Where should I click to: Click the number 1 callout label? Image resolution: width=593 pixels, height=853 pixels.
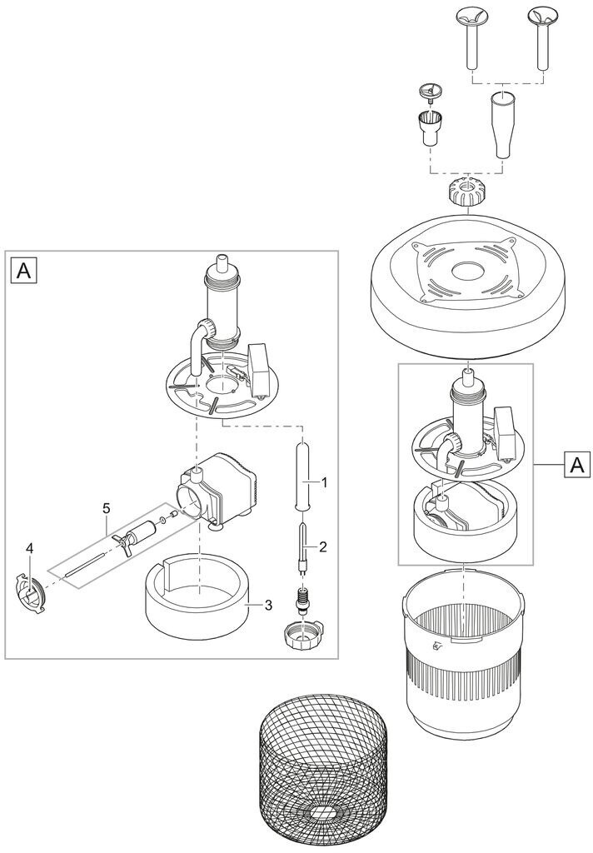pos(324,482)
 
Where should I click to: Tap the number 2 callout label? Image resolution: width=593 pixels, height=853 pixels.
pos(323,546)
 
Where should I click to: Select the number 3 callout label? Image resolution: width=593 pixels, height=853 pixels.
pos(267,605)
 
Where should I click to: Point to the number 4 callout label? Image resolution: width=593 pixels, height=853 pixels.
pos(30,550)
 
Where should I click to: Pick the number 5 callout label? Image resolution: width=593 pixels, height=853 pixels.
pos(106,508)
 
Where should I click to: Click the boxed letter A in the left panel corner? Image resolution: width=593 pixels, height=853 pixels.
pos(24,271)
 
